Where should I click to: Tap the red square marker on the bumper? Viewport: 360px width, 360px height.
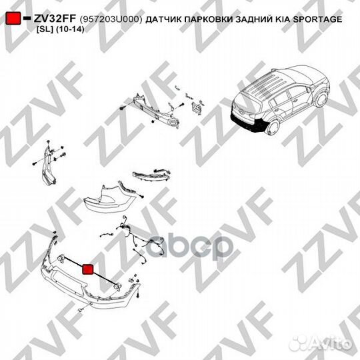87,269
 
